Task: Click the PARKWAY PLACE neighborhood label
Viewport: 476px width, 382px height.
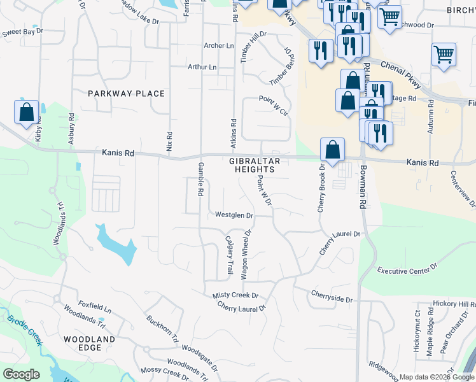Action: pos(126,94)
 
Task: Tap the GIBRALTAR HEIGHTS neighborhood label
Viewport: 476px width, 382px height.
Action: pos(252,166)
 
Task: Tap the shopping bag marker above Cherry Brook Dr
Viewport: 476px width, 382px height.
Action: pos(332,150)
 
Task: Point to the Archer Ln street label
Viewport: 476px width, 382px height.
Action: pos(219,46)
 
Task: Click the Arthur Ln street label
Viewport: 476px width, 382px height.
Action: pos(202,67)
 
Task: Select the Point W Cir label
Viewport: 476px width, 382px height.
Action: pos(274,99)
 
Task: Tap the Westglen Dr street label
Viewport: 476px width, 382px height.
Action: pos(234,215)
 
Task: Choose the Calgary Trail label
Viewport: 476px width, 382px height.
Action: pos(230,255)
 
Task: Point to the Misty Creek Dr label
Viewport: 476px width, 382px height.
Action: pos(235,295)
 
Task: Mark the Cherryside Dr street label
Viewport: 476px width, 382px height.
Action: pos(332,294)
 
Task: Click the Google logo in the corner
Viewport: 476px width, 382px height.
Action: pos(21,374)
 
